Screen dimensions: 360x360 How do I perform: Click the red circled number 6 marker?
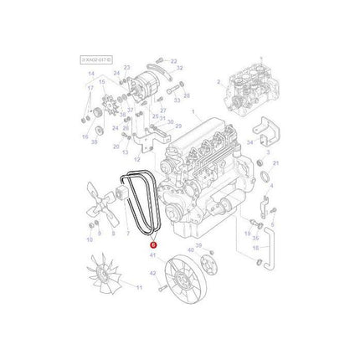(x=153, y=244)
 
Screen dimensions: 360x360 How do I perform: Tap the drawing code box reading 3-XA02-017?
(x=98, y=60)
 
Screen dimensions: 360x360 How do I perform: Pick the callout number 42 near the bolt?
(x=153, y=274)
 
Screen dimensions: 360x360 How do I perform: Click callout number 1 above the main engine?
(x=193, y=112)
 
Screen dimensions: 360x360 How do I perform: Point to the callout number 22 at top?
(x=175, y=61)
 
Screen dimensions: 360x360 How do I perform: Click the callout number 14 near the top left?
(x=92, y=75)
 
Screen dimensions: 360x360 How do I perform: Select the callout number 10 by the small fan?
(x=89, y=240)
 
